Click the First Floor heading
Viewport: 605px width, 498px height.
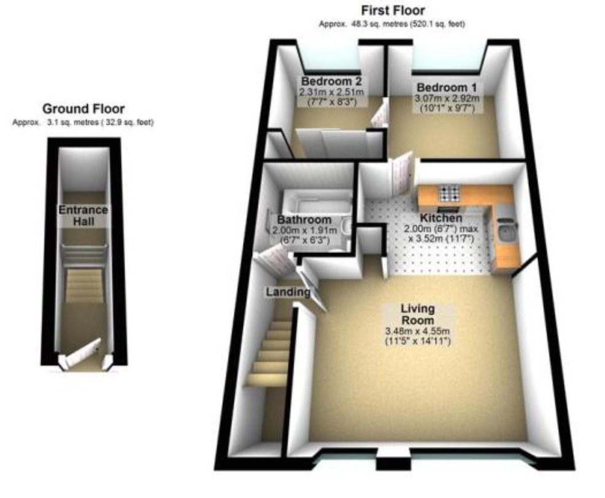pos(393,10)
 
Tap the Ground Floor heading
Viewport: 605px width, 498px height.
pos(83,109)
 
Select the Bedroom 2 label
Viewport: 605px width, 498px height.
pos(331,82)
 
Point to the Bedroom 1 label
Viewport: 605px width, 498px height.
pos(447,88)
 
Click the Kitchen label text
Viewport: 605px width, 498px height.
pos(441,218)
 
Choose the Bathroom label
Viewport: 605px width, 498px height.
pos(304,220)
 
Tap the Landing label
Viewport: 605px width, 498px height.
pos(288,292)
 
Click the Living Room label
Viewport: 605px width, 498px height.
pos(418,314)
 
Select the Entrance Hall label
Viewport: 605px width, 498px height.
pos(83,216)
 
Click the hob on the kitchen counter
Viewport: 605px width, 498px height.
pos(450,193)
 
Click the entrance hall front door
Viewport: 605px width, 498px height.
pos(82,352)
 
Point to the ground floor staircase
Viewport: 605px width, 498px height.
pos(84,286)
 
